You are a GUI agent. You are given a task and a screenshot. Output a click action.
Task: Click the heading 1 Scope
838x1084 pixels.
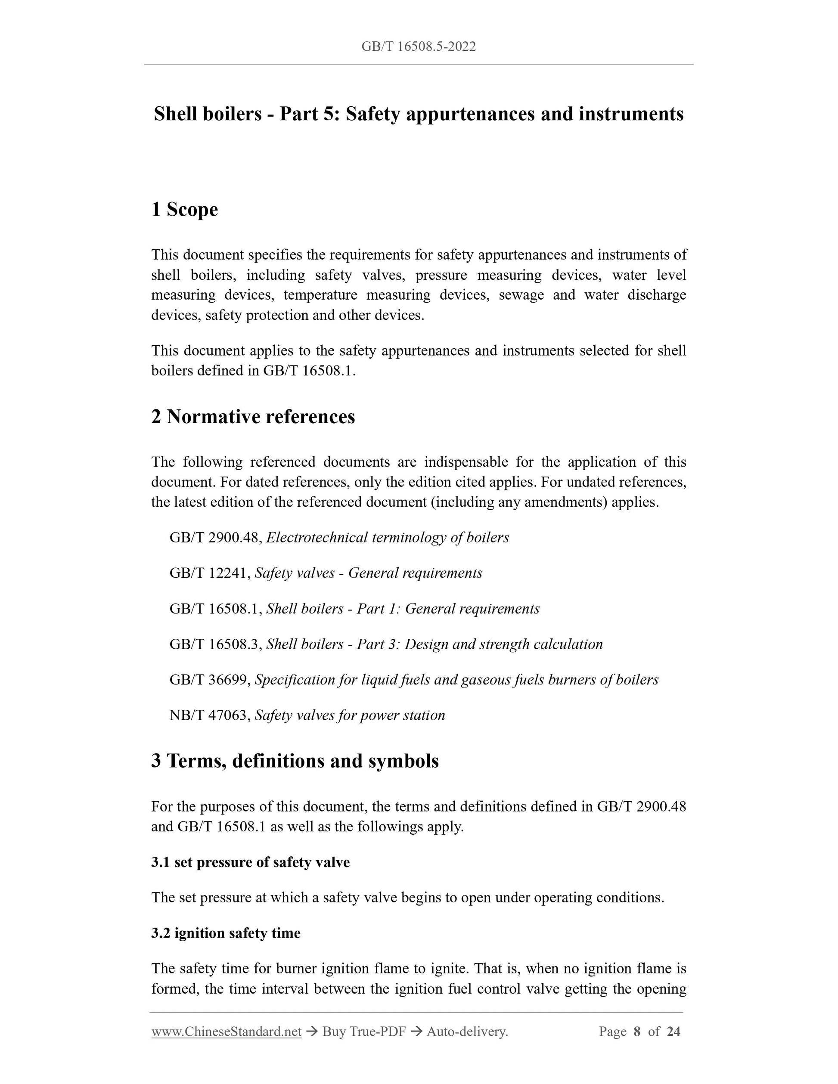click(x=184, y=210)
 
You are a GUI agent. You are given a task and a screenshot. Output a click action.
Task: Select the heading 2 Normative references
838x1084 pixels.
click(x=253, y=416)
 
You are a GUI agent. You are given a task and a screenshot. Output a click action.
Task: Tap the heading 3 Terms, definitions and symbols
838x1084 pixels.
click(x=295, y=760)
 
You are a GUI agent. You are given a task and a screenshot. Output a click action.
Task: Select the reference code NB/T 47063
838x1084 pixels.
click(x=209, y=715)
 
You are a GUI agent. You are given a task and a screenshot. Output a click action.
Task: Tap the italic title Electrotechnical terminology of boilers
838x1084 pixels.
click(x=387, y=538)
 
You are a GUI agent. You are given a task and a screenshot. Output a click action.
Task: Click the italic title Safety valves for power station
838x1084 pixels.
click(x=350, y=715)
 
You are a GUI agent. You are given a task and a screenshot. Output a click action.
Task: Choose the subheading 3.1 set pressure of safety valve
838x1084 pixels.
click(x=250, y=862)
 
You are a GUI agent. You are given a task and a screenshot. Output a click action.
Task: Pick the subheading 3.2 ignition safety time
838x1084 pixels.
click(x=226, y=933)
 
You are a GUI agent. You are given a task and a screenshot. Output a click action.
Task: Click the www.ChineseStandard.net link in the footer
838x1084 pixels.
click(x=227, y=1032)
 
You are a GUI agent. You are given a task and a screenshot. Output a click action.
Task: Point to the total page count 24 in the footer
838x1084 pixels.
click(x=673, y=1032)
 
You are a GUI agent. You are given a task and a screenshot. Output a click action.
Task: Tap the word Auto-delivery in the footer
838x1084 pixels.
click(x=467, y=1032)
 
